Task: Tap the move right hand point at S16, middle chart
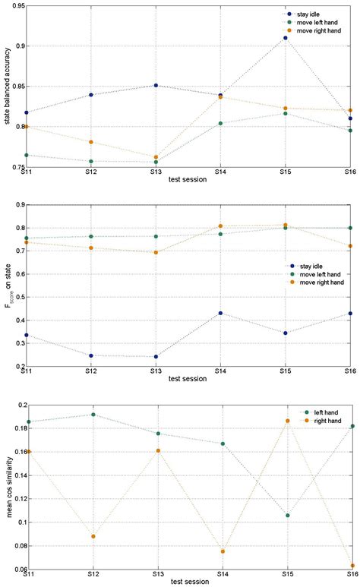(350, 246)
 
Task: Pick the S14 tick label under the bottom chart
(221, 575)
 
